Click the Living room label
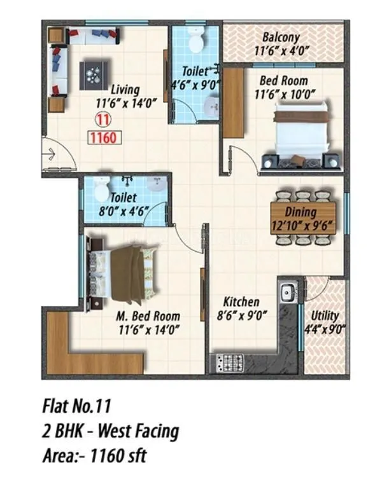click(124, 89)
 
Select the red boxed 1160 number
click(102, 136)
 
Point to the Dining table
click(302, 216)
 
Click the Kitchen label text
click(240, 301)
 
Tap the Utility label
click(325, 316)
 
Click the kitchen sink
click(287, 292)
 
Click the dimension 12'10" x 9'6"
click(302, 224)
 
